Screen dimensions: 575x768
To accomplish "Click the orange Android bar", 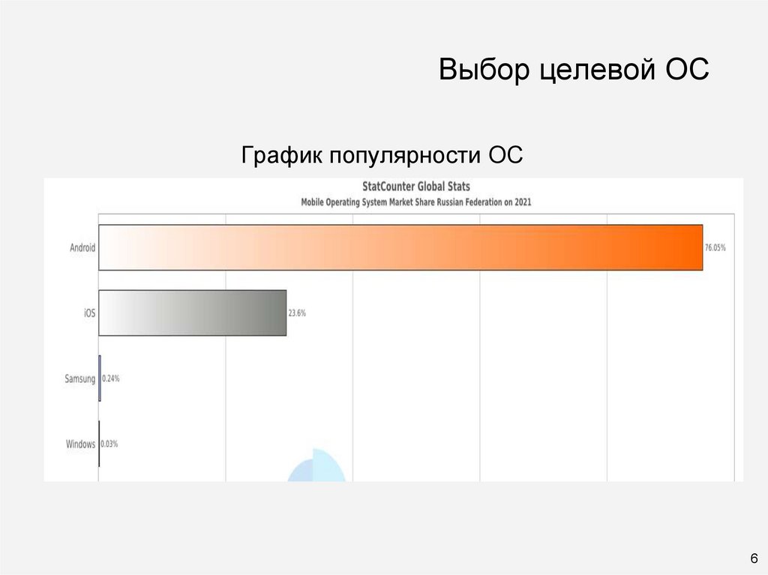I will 400,247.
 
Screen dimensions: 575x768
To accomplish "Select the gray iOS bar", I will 193,313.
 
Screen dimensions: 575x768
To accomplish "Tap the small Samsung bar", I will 100,379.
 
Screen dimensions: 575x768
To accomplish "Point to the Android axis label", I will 82,247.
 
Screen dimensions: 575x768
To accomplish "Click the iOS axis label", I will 89,313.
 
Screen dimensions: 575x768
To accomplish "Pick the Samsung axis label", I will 80,379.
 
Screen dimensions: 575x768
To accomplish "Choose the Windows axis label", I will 81,444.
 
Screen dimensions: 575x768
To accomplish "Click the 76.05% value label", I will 715,247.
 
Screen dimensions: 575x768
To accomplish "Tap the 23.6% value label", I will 297,313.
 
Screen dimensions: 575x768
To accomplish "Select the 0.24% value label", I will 111,379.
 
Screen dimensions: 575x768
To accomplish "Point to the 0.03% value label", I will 109,444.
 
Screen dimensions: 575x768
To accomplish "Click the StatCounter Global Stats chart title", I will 416,186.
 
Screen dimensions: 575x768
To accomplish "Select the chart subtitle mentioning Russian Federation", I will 416,202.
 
